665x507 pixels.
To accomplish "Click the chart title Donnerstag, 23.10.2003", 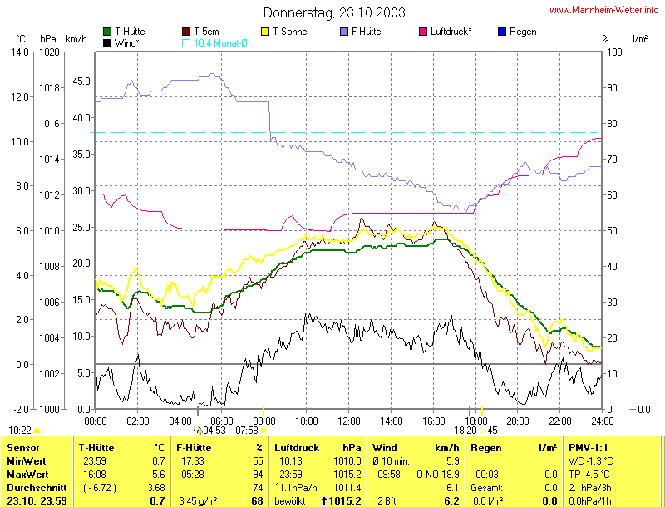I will point(335,12).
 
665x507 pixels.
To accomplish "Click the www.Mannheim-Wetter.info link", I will point(605,11).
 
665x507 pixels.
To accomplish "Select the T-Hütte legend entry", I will point(129,32).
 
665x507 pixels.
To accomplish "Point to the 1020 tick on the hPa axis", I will point(49,52).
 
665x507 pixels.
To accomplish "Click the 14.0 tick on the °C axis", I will point(20,52).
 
